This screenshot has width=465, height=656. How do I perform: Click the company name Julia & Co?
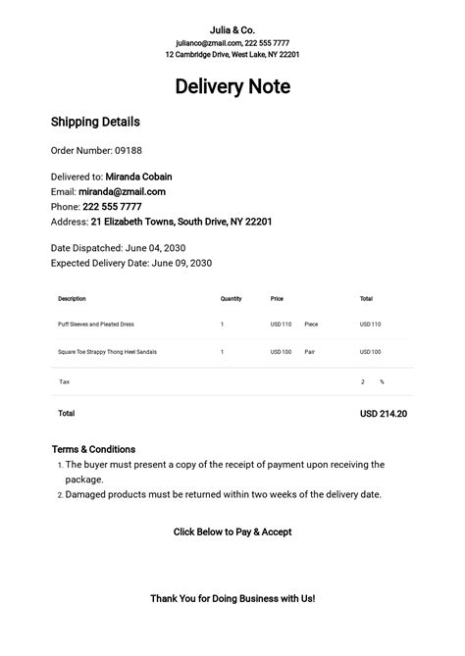coord(232,29)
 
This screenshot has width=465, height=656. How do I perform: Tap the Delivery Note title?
coord(232,86)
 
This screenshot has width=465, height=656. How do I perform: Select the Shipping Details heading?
coord(95,123)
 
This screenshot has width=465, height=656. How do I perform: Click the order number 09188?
coord(129,151)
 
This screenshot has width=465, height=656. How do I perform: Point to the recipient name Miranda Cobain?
coord(138,177)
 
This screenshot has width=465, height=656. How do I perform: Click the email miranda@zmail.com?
coord(122,192)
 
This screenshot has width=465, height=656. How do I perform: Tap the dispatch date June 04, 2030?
coord(156,248)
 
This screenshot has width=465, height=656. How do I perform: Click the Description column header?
coord(72,298)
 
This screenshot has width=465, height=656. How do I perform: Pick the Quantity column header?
coord(231,298)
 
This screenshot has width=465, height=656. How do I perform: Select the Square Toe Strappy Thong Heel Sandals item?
coord(107,351)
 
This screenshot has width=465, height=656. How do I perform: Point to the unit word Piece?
coord(311,324)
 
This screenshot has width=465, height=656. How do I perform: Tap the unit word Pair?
coord(310,351)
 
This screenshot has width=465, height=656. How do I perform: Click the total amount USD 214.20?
coord(384,414)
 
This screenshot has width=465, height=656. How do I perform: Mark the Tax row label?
coord(65,381)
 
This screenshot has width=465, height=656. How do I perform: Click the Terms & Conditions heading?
coord(93,449)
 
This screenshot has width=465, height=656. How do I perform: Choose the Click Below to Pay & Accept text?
coord(232,531)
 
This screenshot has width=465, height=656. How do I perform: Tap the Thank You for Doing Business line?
coord(232,597)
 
